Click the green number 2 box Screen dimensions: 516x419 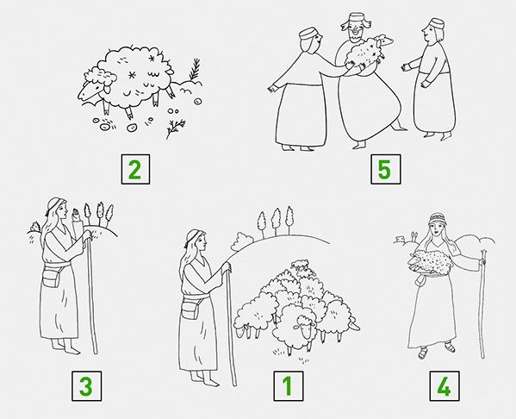pos(135,169)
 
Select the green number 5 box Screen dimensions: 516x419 pos(385,169)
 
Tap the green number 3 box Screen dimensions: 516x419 pos(86,385)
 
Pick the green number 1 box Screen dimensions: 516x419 pos(289,385)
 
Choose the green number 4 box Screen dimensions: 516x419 pos(444,385)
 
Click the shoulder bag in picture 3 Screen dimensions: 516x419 pos(50,278)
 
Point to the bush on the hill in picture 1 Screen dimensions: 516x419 pos(242,241)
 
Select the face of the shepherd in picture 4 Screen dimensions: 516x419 pos(436,230)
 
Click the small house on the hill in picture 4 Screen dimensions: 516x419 pos(400,239)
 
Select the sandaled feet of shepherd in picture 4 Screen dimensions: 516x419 pos(436,352)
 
